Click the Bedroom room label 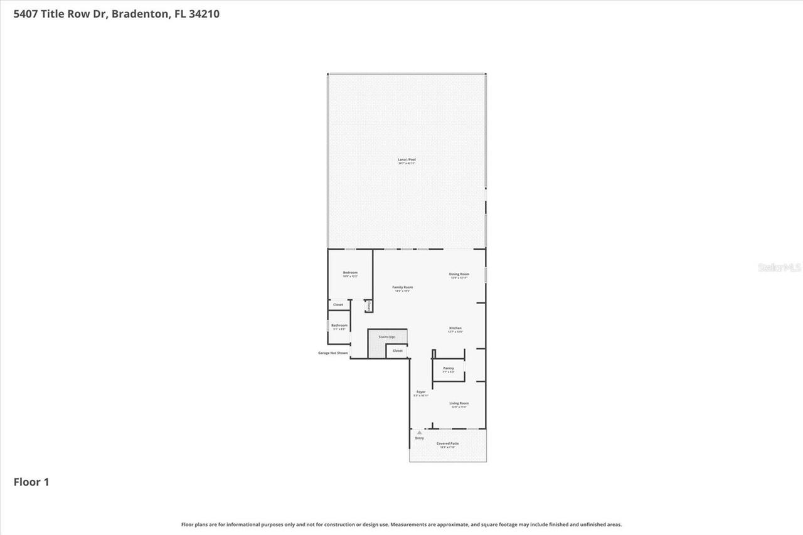click(x=350, y=273)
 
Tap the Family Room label click(x=403, y=288)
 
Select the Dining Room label click(x=459, y=274)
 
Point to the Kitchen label click(x=455, y=329)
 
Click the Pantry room click(x=448, y=369)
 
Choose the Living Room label click(x=459, y=404)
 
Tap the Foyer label click(x=421, y=393)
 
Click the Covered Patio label click(x=448, y=444)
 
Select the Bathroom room click(x=339, y=326)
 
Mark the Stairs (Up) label click(x=387, y=337)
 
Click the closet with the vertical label click(x=369, y=305)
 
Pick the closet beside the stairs click(x=398, y=351)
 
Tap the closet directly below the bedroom click(x=338, y=305)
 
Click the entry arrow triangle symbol click(x=419, y=432)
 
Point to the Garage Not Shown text click(x=332, y=353)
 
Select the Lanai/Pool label click(x=407, y=161)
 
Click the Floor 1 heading click(x=31, y=482)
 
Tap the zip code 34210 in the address click(x=204, y=14)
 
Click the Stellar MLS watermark click(x=779, y=267)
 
